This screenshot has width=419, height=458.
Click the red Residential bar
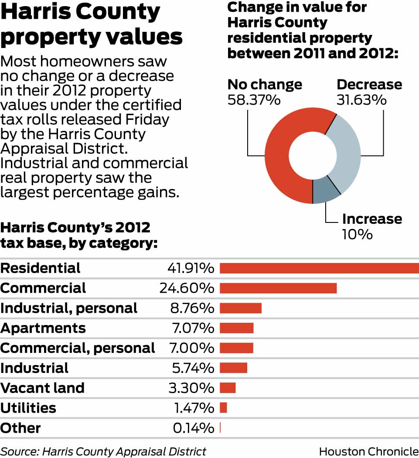pyautogui.click(x=319, y=268)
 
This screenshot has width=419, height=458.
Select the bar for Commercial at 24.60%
pyautogui.click(x=278, y=288)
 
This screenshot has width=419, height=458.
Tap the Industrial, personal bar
pyautogui.click(x=240, y=308)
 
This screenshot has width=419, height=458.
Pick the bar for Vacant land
pyautogui.click(x=228, y=388)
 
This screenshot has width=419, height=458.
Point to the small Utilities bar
pyautogui.click(x=223, y=408)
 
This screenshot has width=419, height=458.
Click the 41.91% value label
pyautogui.click(x=191, y=268)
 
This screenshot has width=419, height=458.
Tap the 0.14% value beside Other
pyautogui.click(x=193, y=428)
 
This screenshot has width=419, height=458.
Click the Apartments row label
pyautogui.click(x=43, y=328)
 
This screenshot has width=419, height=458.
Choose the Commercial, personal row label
pyautogui.click(x=78, y=348)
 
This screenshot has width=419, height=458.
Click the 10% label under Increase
pyautogui.click(x=357, y=234)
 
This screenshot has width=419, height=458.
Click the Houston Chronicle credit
pyautogui.click(x=368, y=451)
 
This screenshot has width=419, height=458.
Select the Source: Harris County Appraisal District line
pyautogui.click(x=103, y=451)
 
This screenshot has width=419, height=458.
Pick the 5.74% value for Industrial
pyautogui.click(x=192, y=368)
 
